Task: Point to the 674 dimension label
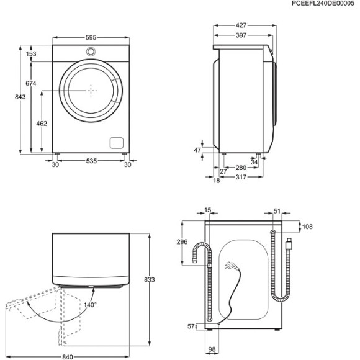pyautogui.click(x=31, y=83)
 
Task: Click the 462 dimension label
pyautogui.click(x=42, y=124)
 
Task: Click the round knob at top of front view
pyautogui.click(x=91, y=51)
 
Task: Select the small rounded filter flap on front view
pyautogui.click(x=116, y=142)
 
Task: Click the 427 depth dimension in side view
pyautogui.click(x=241, y=25)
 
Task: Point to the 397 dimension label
pyautogui.click(x=241, y=35)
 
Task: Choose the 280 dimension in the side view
pyautogui.click(x=241, y=168)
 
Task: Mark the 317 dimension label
pyautogui.click(x=241, y=178)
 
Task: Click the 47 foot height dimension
pyautogui.click(x=198, y=150)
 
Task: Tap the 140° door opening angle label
pyautogui.click(x=91, y=305)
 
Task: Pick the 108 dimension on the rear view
pyautogui.click(x=308, y=227)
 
